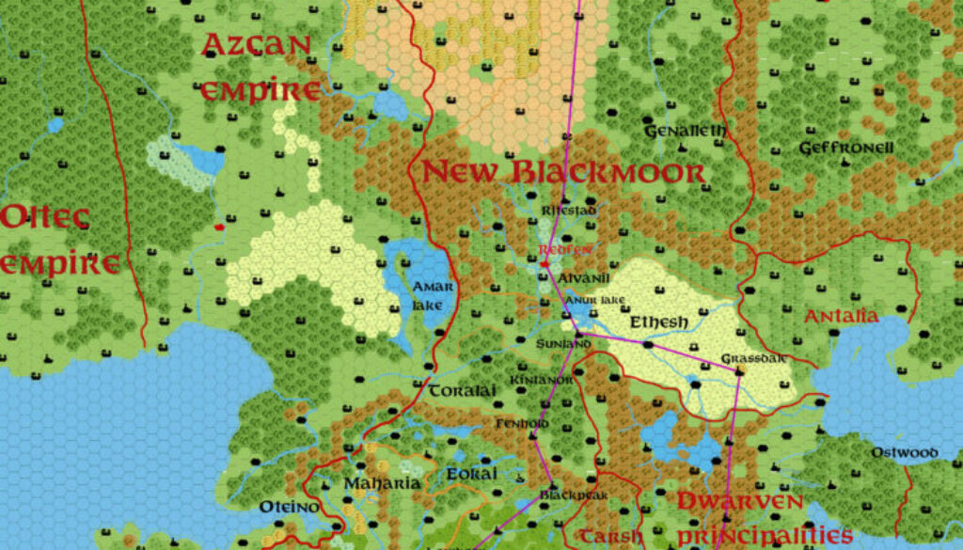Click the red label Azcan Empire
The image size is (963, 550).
[x=259, y=67]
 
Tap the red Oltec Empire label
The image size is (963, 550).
[x=60, y=240]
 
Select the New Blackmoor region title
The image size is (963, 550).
[x=562, y=172]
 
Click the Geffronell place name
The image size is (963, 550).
[x=845, y=148]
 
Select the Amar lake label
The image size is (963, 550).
[x=432, y=295]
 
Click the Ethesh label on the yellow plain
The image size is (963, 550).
[x=658, y=322]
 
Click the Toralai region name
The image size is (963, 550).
[x=462, y=391]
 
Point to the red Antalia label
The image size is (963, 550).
[x=841, y=316]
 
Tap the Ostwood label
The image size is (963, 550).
[x=904, y=453]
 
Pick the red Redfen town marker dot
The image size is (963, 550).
[x=545, y=264]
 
